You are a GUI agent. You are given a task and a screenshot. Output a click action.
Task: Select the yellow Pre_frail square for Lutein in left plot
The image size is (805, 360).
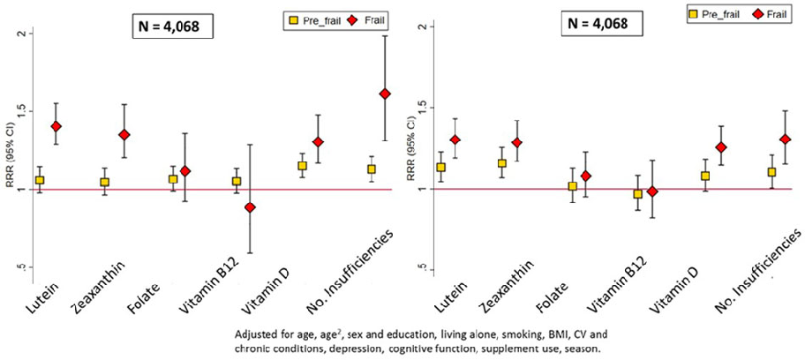point(39,180)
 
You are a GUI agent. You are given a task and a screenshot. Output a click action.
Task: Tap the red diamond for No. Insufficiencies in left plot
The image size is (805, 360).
point(384,94)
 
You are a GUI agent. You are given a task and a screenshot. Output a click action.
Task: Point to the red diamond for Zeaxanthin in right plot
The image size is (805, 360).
point(517,143)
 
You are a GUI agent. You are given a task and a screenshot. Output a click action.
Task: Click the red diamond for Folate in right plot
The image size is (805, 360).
point(584,176)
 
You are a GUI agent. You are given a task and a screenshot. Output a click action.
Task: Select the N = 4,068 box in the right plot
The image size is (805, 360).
point(598,24)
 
